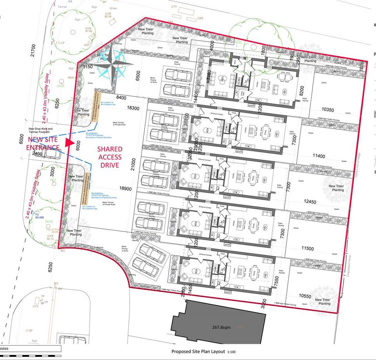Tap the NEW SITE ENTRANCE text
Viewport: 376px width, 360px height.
(x=43, y=144)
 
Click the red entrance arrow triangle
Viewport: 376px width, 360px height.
(x=69, y=141)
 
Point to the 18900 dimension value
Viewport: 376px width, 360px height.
(x=126, y=188)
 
